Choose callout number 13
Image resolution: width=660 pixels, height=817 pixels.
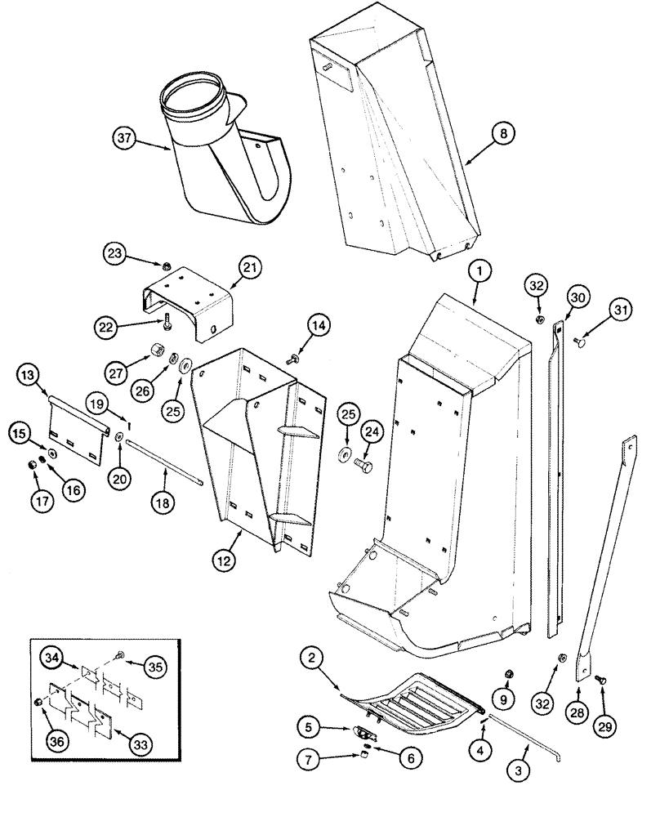(28, 375)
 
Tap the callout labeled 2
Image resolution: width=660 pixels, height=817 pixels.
(310, 656)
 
